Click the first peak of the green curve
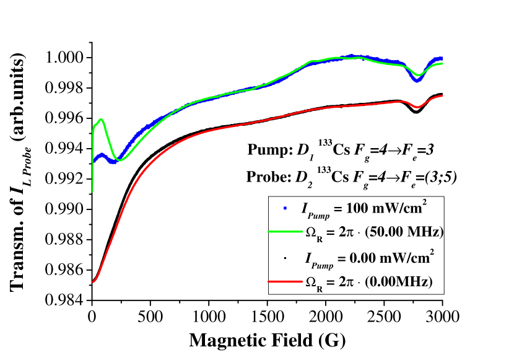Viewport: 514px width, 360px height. pyautogui.click(x=100, y=120)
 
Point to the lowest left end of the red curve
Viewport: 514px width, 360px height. pyautogui.click(x=93, y=282)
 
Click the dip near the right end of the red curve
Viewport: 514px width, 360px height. pyautogui.click(x=417, y=107)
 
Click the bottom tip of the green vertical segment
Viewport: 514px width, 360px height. pyautogui.click(x=93, y=191)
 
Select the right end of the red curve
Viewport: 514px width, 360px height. pyautogui.click(x=442, y=95)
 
